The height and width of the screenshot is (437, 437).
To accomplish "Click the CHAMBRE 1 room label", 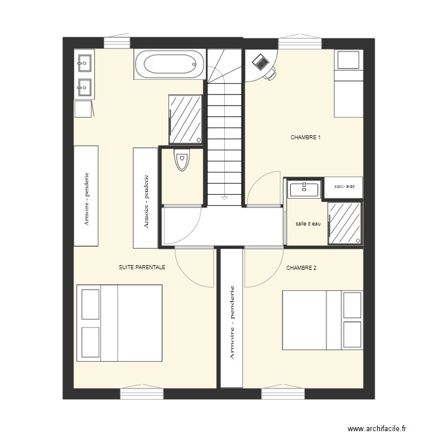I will click(306, 138).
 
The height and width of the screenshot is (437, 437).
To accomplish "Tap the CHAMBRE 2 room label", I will click(301, 268).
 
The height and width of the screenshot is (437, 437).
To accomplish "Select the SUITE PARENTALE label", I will click(142, 267).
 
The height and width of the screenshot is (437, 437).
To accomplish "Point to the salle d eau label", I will click(308, 224).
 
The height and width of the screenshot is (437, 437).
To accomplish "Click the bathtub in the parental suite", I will click(170, 64).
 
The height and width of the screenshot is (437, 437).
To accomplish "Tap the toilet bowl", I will click(182, 160).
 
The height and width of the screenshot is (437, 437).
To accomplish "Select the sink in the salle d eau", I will click(304, 189).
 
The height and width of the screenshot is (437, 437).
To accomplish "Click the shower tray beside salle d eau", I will click(344, 223).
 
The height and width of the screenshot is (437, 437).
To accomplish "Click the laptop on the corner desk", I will click(260, 61).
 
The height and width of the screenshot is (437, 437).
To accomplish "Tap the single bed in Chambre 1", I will click(348, 83).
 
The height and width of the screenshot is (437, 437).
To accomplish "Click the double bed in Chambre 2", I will click(322, 320).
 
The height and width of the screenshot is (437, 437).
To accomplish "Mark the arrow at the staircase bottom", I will click(224, 199).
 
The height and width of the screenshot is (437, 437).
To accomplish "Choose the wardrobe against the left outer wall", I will click(86, 196).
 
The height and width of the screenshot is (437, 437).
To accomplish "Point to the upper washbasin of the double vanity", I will click(84, 61).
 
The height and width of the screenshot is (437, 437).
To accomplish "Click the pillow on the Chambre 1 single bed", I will click(348, 59).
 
